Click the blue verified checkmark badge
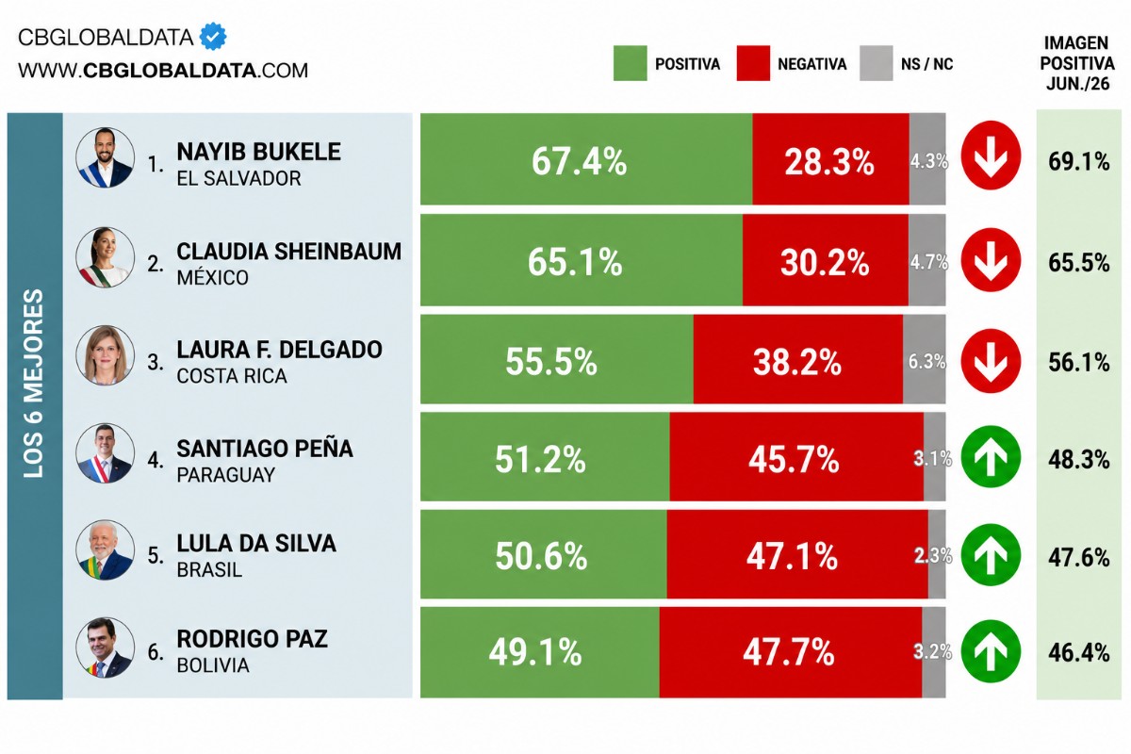213,37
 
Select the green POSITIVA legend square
630,63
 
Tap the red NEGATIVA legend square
753,63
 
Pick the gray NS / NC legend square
876,63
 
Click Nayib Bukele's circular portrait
105,157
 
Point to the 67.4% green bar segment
586,159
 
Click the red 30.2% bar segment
825,260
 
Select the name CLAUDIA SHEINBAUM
288,252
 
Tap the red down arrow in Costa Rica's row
991,361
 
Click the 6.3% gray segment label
926,362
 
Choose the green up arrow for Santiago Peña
991,457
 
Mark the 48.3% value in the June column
1078,460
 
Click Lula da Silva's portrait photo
105,550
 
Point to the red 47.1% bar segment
797,554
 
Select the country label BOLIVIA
213,665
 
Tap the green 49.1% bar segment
540,652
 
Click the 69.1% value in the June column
1078,161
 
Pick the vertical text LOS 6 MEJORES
34,384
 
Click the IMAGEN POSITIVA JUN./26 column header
1076,63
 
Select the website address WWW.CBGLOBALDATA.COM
162,70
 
